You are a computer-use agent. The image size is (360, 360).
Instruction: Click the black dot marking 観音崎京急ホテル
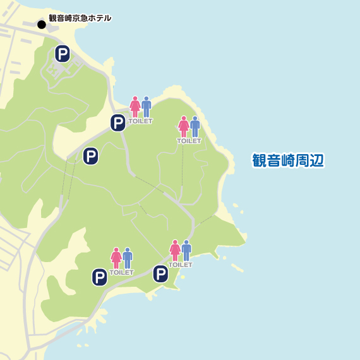(42, 25)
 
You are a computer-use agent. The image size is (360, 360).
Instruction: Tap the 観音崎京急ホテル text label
(80, 18)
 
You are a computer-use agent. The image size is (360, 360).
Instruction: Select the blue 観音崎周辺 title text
(287, 160)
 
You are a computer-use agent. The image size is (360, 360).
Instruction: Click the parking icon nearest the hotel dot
(62, 54)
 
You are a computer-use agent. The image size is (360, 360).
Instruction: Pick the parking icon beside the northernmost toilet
(118, 123)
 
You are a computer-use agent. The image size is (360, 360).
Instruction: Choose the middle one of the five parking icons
(91, 156)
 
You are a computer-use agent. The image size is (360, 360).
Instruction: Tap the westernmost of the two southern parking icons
(100, 277)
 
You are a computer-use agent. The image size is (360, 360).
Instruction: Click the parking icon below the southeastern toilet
(161, 274)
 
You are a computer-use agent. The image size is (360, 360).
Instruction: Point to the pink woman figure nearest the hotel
(135, 106)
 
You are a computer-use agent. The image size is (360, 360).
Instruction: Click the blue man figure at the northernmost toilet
(147, 106)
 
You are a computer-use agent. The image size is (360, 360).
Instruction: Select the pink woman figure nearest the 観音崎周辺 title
(183, 126)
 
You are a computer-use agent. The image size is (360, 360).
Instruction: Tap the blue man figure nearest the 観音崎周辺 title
(195, 126)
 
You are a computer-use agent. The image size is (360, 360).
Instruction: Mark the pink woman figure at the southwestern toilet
(116, 258)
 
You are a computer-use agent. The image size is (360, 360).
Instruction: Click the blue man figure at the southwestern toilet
(128, 258)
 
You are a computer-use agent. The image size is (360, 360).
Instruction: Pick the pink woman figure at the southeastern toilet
(175, 250)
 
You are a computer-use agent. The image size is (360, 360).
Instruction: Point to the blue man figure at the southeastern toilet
(186, 250)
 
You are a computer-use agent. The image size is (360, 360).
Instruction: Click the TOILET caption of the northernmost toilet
(140, 121)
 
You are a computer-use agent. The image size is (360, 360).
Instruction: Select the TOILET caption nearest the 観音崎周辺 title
(189, 141)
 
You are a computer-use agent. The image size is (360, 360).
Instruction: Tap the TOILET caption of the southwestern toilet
(121, 272)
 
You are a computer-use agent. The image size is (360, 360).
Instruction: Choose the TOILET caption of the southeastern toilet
(180, 265)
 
